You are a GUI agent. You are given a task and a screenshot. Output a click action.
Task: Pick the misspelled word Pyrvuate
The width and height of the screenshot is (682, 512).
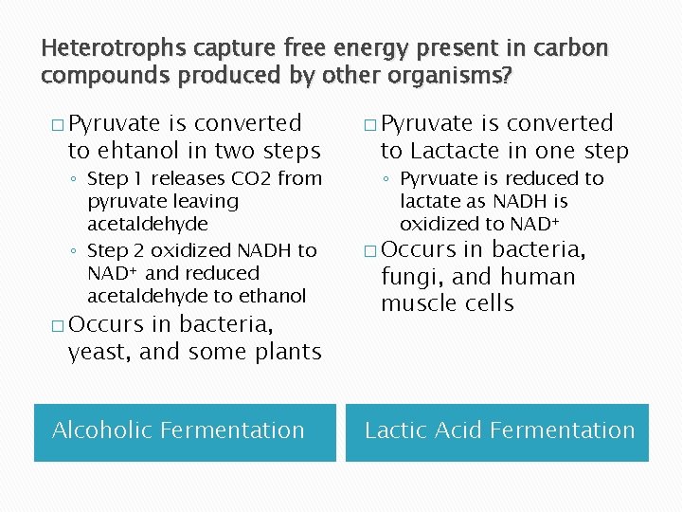pos(440,178)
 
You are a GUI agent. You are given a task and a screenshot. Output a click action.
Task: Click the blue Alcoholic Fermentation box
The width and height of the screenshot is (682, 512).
pos(185,431)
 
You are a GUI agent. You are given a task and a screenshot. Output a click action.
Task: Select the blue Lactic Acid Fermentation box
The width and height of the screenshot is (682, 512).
pos(497,431)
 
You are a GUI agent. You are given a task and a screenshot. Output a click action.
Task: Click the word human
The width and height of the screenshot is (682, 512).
pos(538,277)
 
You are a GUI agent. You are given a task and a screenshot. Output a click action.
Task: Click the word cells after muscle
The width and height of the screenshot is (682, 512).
pos(488,303)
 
